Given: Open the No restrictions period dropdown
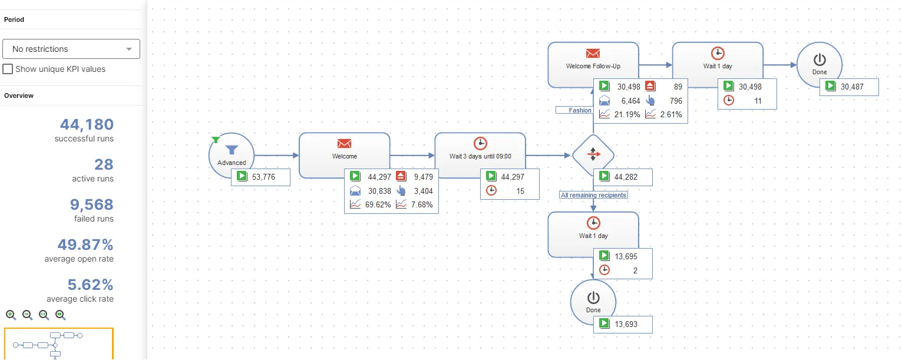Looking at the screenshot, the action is tap(71, 49).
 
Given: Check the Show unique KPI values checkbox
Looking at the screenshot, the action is tap(8, 69).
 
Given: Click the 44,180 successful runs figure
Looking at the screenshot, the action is tap(87, 124).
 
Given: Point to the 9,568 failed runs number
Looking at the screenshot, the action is tap(91, 204).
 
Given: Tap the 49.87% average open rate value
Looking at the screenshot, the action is tap(85, 245).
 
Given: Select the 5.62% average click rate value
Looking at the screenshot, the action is tap(90, 285).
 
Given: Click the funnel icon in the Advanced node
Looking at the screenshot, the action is tap(232, 150).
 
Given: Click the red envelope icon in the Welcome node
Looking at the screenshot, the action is tap(344, 143).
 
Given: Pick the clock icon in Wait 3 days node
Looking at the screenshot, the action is tap(480, 143).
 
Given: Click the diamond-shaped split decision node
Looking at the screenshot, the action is tap(593, 154).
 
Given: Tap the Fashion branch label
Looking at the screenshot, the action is tap(580, 110).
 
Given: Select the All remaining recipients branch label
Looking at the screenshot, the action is tap(593, 195).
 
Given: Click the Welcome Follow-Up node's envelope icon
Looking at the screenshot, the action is tap(593, 53).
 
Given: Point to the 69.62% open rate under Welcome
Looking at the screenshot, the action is tap(378, 204).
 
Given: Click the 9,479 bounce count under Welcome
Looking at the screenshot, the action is tap(423, 177).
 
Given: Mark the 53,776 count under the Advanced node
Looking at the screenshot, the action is tap(263, 177).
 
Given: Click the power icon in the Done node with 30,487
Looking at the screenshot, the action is tap(820, 60).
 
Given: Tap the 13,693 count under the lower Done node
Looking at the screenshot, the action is tap(626, 324).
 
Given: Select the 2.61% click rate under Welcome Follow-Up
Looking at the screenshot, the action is tap(671, 114).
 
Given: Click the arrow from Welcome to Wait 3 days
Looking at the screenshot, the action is tap(412, 155).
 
